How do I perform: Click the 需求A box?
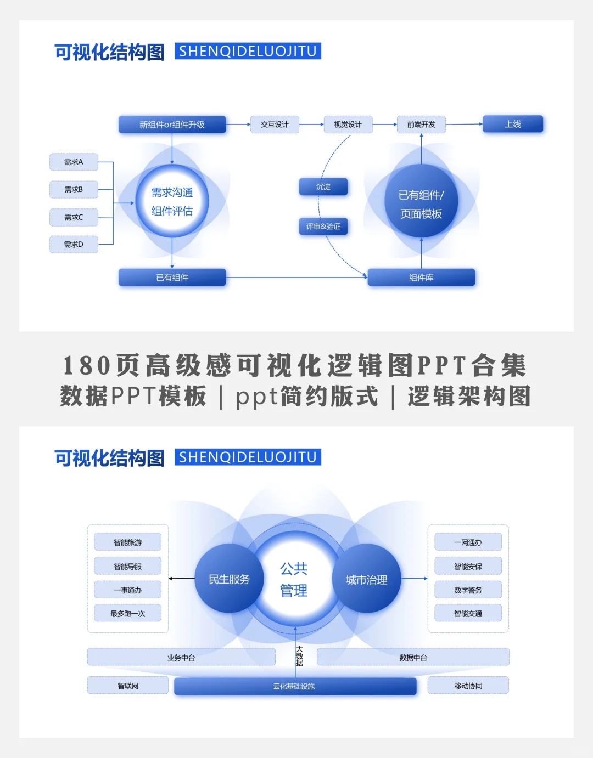point(74,162)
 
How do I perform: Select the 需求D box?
point(74,244)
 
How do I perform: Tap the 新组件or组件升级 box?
point(172,125)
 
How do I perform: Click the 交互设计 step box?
point(275,125)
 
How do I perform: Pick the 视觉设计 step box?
point(348,125)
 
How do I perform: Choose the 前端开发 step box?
point(421,125)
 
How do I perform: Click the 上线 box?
point(513,124)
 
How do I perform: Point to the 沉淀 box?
point(323,187)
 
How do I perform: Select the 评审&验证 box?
point(323,227)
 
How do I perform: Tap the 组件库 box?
point(421,278)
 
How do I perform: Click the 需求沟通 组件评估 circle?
point(172,201)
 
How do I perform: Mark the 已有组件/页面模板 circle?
point(421,204)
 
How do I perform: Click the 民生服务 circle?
point(229,579)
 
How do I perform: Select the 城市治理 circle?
point(366,579)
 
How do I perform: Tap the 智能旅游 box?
point(128,542)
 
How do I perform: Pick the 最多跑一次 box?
point(128,613)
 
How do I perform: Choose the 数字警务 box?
point(468,590)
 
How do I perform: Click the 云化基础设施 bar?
point(295,686)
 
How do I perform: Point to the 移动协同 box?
point(468,686)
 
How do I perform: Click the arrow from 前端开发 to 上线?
point(464,125)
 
